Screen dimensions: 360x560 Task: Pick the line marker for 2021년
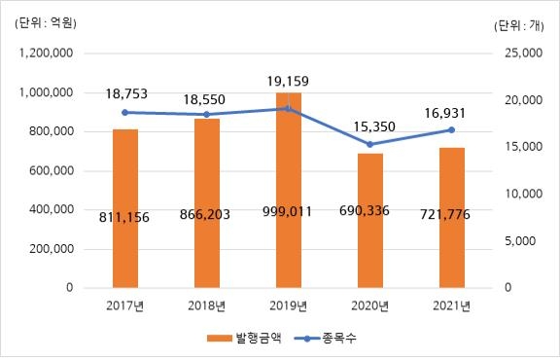pyautogui.click(x=451, y=129)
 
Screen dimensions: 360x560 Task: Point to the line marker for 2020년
pyautogui.click(x=370, y=144)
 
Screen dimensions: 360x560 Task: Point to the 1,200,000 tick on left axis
pyautogui.click(x=47, y=54)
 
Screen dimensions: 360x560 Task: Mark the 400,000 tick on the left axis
pyautogui.click(x=52, y=210)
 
